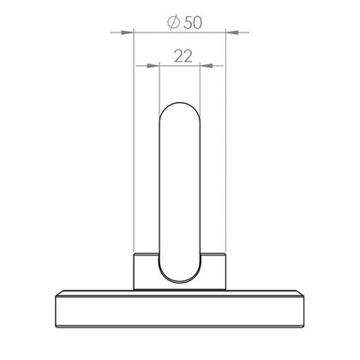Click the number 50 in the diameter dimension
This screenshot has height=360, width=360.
click(193, 23)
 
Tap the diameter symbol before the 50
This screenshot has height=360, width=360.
click(174, 22)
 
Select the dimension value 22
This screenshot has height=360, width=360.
click(183, 57)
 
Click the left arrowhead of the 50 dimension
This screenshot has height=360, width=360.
click(128, 33)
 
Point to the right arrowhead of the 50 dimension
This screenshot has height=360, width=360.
click(232, 33)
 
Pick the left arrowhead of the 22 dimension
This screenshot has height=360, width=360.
click(153, 66)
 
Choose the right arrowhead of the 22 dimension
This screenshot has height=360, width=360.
click(207, 66)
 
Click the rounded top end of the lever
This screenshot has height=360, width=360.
click(180, 103)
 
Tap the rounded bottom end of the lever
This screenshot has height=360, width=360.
click(180, 282)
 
